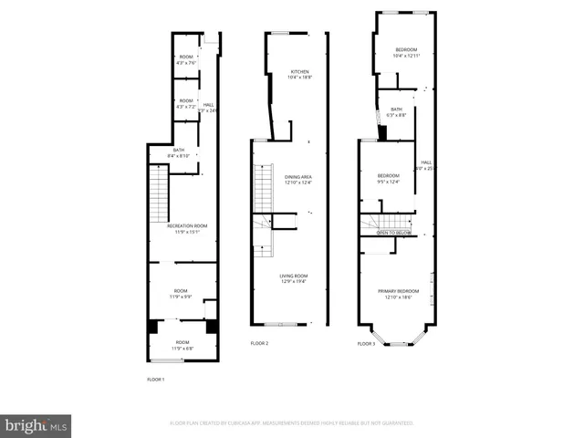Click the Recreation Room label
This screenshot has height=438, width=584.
(187, 228)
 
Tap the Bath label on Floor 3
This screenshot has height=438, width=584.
(396, 111)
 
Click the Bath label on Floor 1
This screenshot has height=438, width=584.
(179, 152)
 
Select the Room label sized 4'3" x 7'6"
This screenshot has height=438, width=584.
(186, 59)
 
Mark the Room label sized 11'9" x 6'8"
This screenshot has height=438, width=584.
(183, 345)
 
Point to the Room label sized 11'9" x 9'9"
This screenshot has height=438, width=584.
(181, 294)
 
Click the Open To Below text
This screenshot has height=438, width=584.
(394, 233)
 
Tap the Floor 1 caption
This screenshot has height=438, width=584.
(156, 379)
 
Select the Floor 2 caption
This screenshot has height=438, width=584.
(259, 344)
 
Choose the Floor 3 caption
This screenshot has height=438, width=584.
(366, 344)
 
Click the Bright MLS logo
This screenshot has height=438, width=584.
(36, 424)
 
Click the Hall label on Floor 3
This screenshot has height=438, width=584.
(425, 165)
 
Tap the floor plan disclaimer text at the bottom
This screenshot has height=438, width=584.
(291, 423)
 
